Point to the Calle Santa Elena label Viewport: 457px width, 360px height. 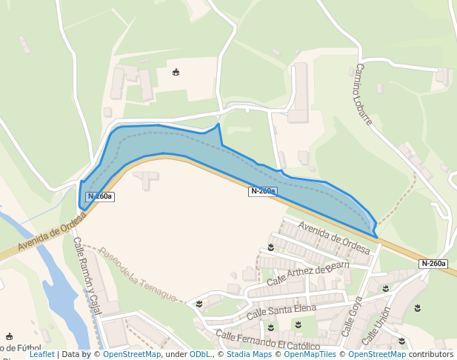[x=281, y=310]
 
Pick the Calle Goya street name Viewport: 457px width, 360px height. [x=352, y=316]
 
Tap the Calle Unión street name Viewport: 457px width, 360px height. [x=376, y=327]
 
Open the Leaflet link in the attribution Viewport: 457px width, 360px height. [x=41, y=355]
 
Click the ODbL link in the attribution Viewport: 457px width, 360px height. [x=200, y=355]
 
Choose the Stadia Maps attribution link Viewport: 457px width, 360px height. [x=249, y=355]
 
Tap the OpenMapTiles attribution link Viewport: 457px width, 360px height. [x=310, y=355]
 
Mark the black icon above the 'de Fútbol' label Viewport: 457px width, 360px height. [x=9, y=337]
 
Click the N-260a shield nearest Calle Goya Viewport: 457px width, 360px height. [x=433, y=264]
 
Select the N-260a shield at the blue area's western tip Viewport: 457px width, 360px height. [x=99, y=196]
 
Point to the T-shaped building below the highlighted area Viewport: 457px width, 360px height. [x=147, y=178]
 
